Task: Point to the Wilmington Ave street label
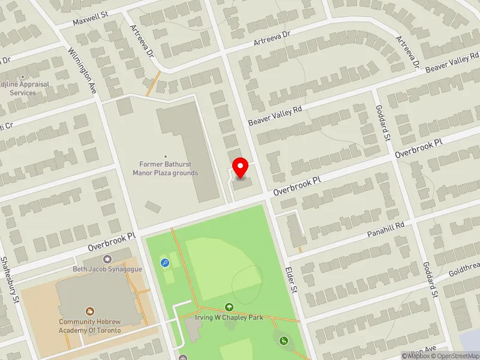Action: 83,71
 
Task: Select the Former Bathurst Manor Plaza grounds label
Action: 165,169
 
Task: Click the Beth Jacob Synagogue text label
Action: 107,269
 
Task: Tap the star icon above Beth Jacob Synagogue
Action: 108,259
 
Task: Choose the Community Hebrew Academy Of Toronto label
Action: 90,326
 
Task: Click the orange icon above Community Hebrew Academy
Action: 90,311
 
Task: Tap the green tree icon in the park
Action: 229,307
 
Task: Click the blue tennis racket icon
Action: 164,262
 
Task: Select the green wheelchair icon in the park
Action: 283,341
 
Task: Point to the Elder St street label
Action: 292,280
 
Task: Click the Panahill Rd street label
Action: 387,229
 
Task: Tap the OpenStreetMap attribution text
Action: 455,356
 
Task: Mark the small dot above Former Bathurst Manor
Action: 165,157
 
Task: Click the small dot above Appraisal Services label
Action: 23,77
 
